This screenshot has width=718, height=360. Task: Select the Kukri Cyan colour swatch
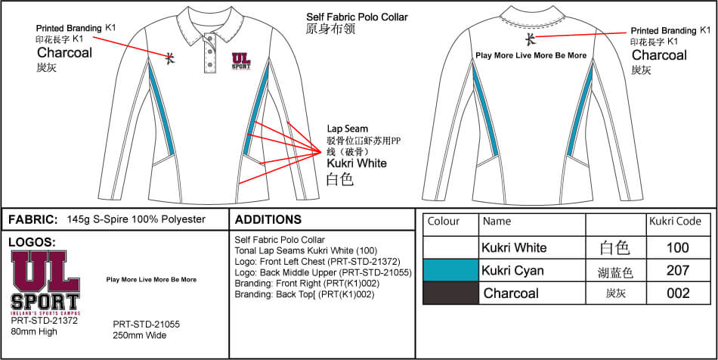450,270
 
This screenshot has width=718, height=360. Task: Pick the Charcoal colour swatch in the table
450,293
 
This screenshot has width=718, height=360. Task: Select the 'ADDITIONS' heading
268,220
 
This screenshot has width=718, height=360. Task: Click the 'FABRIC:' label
32,219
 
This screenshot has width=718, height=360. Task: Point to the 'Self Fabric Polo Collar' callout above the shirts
357,17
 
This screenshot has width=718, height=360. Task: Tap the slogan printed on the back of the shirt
531,55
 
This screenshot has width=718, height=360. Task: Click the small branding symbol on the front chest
172,55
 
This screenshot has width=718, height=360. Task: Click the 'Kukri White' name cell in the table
514,247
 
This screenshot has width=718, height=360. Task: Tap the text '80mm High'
36,330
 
